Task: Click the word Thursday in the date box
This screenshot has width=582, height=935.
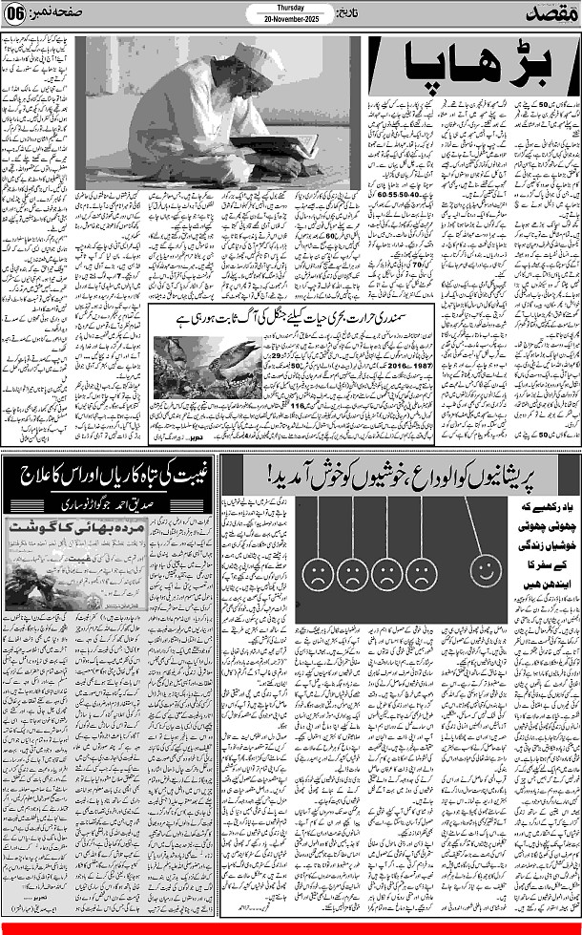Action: click(291, 6)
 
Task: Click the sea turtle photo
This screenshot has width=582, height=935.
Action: click(197, 368)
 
